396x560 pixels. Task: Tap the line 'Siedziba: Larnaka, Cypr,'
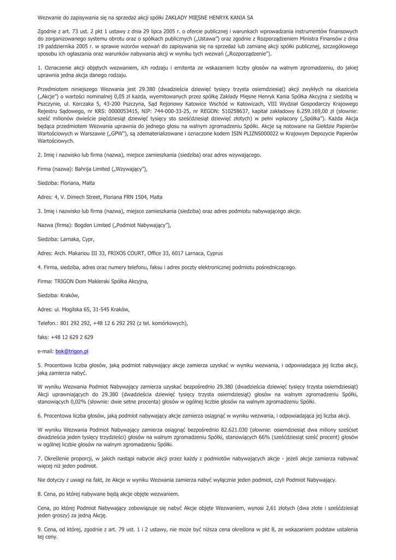(x=66, y=239)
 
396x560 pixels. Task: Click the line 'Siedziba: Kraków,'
(x=58, y=295)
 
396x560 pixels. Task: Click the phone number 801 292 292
(x=73, y=323)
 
